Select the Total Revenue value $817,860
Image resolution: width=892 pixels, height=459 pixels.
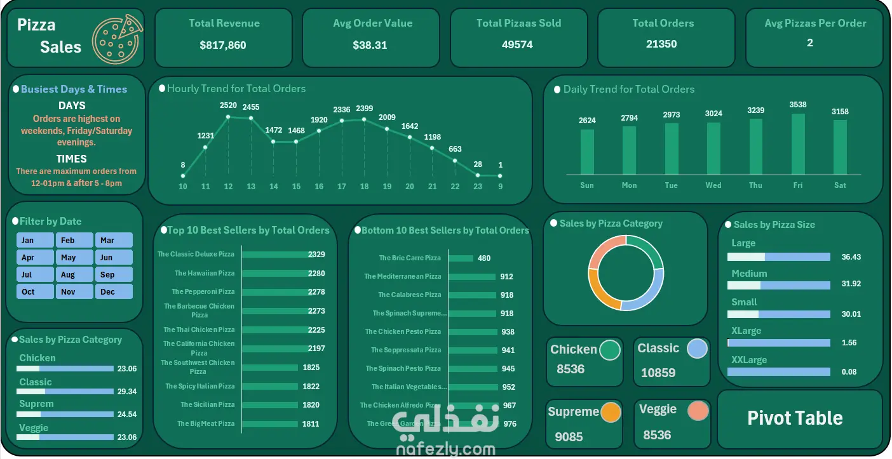pyautogui.click(x=222, y=45)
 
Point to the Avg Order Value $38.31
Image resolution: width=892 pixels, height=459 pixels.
pyautogui.click(x=370, y=45)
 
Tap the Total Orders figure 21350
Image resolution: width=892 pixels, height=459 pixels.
pyautogui.click(x=661, y=44)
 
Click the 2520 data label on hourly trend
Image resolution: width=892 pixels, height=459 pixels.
pyautogui.click(x=228, y=105)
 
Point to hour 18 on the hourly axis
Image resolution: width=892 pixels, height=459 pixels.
pyautogui.click(x=364, y=187)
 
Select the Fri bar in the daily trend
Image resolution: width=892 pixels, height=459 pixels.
pyautogui.click(x=798, y=144)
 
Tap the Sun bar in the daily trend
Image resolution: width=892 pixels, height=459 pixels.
pyautogui.click(x=587, y=152)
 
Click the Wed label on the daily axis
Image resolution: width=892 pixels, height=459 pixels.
pyautogui.click(x=713, y=185)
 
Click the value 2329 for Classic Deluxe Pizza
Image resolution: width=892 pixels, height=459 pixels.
pyautogui.click(x=316, y=255)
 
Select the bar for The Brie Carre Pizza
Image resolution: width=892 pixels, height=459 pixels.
pyautogui.click(x=461, y=258)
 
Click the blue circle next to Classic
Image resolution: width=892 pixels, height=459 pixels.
pyautogui.click(x=697, y=349)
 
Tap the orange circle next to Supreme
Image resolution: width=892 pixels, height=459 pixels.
pyautogui.click(x=611, y=412)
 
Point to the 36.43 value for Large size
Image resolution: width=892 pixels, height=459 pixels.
pyautogui.click(x=851, y=257)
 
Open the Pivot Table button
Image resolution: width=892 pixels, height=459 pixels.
pyautogui.click(x=795, y=418)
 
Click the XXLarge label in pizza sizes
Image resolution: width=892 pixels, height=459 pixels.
pyautogui.click(x=749, y=360)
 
